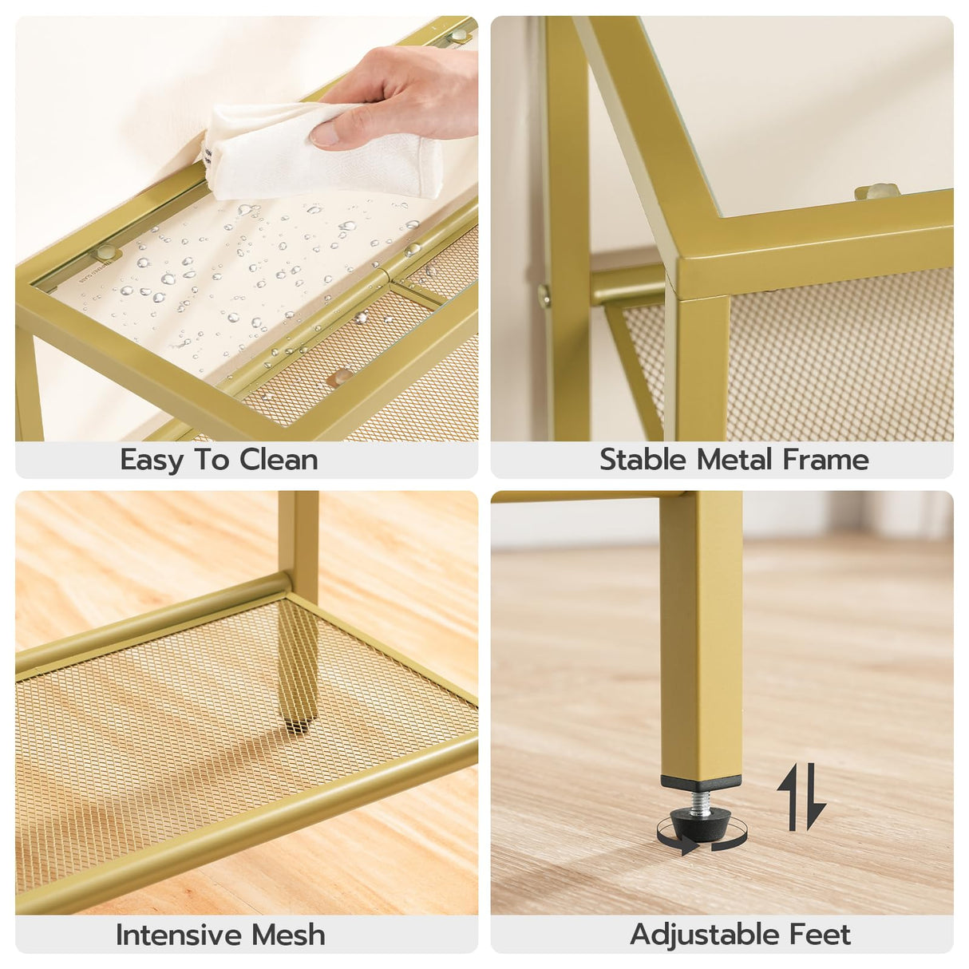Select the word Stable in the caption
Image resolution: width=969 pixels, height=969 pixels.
tap(643, 460)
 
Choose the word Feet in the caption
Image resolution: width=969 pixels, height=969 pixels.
tap(820, 935)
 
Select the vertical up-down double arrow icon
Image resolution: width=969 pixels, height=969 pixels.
tap(801, 796)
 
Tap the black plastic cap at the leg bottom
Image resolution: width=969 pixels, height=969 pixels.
tap(701, 783)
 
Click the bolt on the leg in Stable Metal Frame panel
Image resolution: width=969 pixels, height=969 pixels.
tap(544, 296)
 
